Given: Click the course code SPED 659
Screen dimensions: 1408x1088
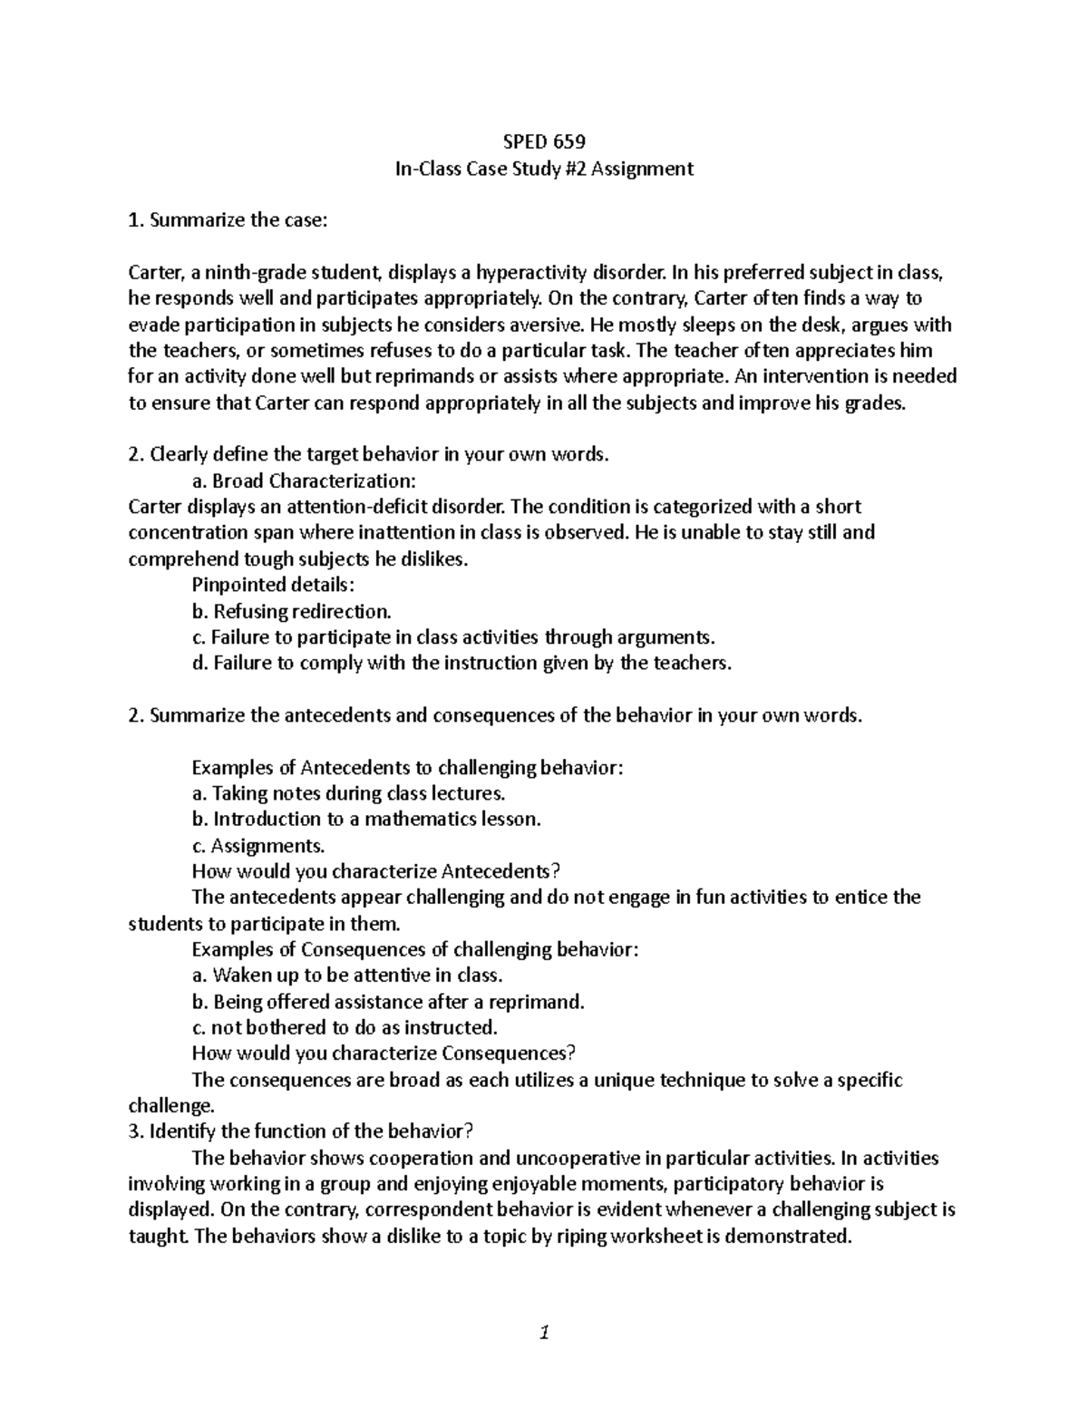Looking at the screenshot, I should click(544, 141).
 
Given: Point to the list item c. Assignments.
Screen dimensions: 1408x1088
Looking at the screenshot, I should click(257, 845).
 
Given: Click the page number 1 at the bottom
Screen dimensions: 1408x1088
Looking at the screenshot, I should click(544, 1333).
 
